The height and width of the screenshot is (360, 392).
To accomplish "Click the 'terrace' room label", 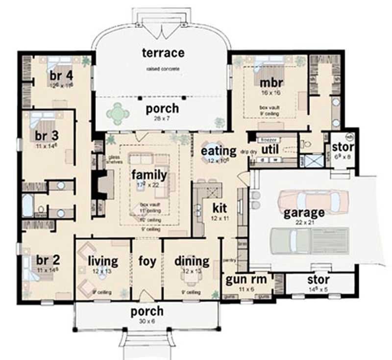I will (x=163, y=52).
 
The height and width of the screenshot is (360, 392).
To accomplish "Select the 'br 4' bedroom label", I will (x=61, y=76).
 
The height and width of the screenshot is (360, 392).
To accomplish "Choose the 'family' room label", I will (x=149, y=175).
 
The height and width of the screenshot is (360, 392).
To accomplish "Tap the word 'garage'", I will (x=304, y=213).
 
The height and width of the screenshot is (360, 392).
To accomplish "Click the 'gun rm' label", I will (x=246, y=280).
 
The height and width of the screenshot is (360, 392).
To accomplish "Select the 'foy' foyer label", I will (x=147, y=261).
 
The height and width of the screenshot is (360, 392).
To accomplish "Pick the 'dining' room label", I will (x=192, y=261).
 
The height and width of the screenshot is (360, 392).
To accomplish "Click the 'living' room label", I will (x=103, y=261).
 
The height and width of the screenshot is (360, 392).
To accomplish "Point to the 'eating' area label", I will (x=219, y=151).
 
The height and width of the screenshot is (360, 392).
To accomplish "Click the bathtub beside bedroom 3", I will (x=27, y=206).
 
